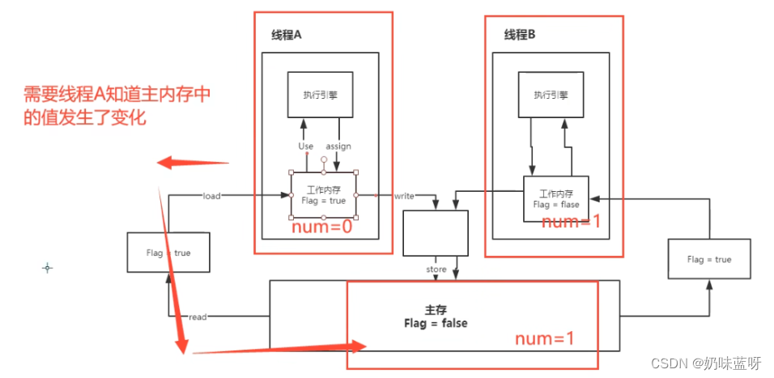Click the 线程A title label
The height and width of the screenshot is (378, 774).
point(287,36)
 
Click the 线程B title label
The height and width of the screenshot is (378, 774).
point(520,35)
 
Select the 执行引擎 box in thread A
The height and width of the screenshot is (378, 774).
point(321,94)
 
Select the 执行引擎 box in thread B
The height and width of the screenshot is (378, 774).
point(551,95)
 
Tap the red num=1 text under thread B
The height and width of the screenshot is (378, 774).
point(571,221)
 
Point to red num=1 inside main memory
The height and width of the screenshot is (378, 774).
point(545,338)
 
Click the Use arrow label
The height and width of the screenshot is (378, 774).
point(305,147)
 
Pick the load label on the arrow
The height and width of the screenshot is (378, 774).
point(211,196)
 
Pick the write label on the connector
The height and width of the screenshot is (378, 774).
point(404,196)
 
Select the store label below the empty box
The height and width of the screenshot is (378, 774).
point(436,269)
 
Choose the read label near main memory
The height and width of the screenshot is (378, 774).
point(198,317)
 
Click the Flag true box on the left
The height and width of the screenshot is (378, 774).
point(168,253)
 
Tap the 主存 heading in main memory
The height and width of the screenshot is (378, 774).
point(435,310)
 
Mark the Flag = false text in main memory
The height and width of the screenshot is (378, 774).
point(436,323)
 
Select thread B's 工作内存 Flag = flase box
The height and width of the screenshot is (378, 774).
point(555,199)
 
